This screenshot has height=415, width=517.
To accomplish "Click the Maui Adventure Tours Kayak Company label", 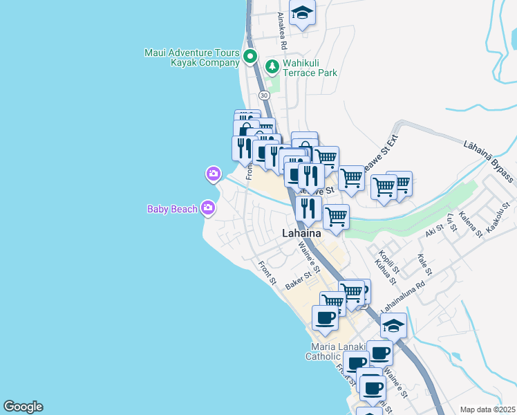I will point(192,57).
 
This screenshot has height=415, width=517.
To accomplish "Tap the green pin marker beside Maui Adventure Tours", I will point(251,57).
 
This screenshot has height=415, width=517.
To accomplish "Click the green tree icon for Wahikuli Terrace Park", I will point(272,67).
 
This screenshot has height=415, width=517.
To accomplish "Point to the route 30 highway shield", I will point(264,94).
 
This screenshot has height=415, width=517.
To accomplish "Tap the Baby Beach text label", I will point(172,209).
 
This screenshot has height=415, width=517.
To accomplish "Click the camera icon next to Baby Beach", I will point(208,207).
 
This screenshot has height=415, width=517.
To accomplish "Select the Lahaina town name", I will point(301,234).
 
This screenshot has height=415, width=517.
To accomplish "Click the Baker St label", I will point(299,280).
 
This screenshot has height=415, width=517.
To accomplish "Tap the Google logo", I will point(23,407).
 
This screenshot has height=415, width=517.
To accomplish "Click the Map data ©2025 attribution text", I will point(487,409).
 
